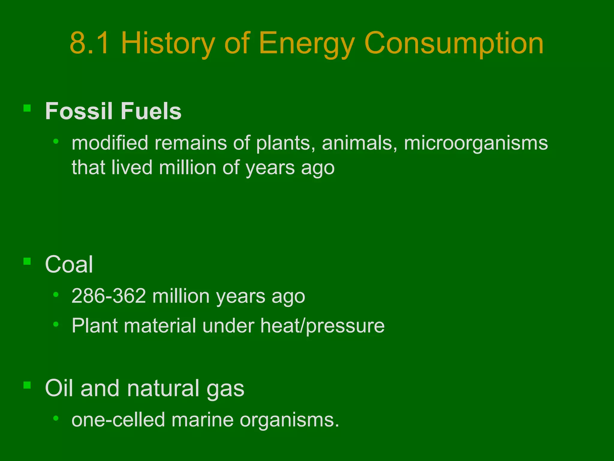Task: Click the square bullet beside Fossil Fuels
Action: tap(27, 108)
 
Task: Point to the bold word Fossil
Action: tap(79, 111)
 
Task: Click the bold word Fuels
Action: tap(151, 111)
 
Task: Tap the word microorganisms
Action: tap(476, 143)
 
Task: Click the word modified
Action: tap(110, 143)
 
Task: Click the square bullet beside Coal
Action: tap(27, 261)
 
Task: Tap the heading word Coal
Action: tap(69, 264)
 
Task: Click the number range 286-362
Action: tap(109, 296)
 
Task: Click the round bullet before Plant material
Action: tap(56, 324)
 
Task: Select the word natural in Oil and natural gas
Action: tap(163, 388)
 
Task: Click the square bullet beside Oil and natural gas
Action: tap(27, 385)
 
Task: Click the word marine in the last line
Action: tap(202, 420)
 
